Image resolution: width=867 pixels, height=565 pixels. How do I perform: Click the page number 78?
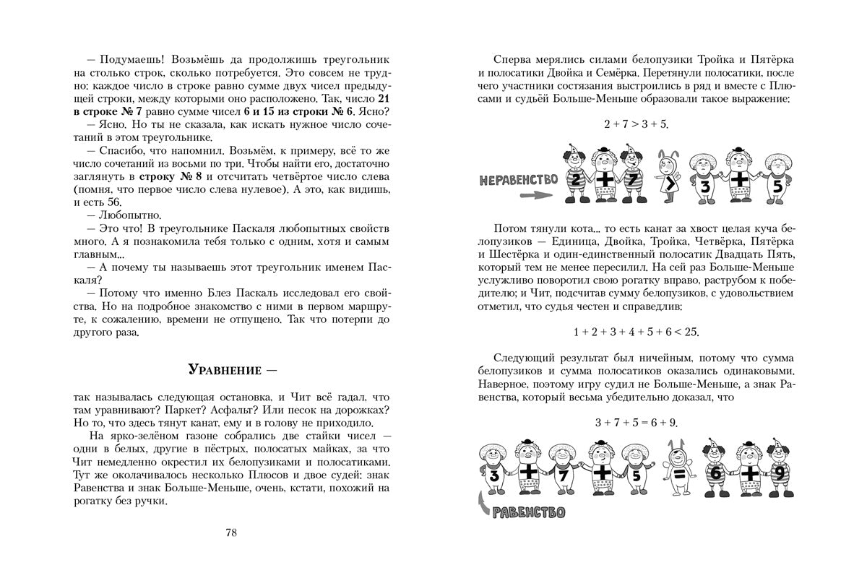pyautogui.click(x=230, y=533)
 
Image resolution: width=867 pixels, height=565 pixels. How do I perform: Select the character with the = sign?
pyautogui.click(x=678, y=474)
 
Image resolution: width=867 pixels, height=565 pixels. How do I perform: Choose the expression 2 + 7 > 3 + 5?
pyautogui.click(x=636, y=124)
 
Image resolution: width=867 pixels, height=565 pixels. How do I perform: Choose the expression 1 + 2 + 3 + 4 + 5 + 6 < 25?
pyautogui.click(x=636, y=332)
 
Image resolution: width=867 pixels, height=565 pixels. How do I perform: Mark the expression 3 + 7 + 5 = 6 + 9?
pyautogui.click(x=636, y=422)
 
